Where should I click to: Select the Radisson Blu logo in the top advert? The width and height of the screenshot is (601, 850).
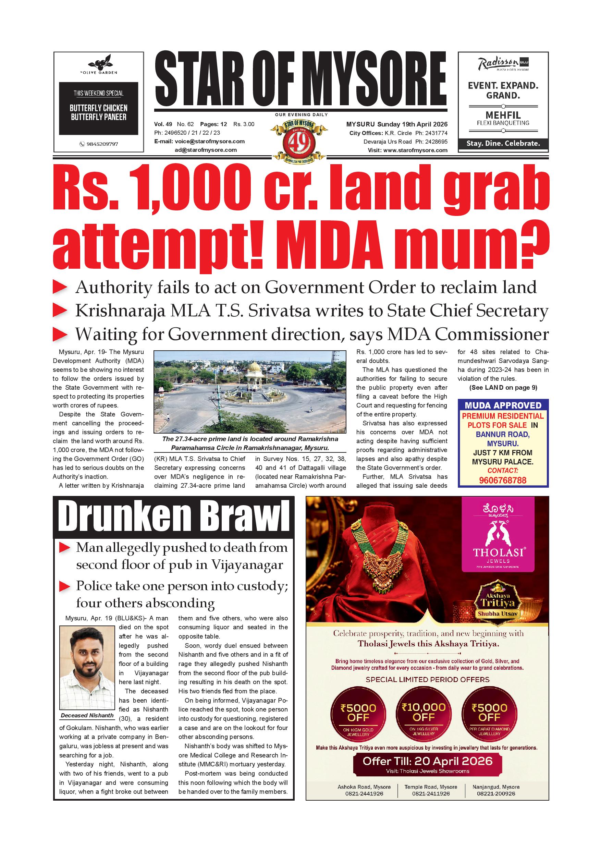pos(503,64)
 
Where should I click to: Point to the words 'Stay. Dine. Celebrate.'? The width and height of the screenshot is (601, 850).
pos(503,143)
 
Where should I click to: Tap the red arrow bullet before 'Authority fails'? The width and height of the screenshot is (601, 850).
pos(60,288)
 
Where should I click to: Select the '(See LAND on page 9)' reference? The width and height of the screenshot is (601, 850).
pos(503,388)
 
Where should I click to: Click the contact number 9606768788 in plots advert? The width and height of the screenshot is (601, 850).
pos(502,480)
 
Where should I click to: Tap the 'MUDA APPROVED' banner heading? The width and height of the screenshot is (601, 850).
pos(503,405)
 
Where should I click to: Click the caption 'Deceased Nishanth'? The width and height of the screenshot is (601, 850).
pos(87,715)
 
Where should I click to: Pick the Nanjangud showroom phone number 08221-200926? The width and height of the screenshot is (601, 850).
pos(495,793)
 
